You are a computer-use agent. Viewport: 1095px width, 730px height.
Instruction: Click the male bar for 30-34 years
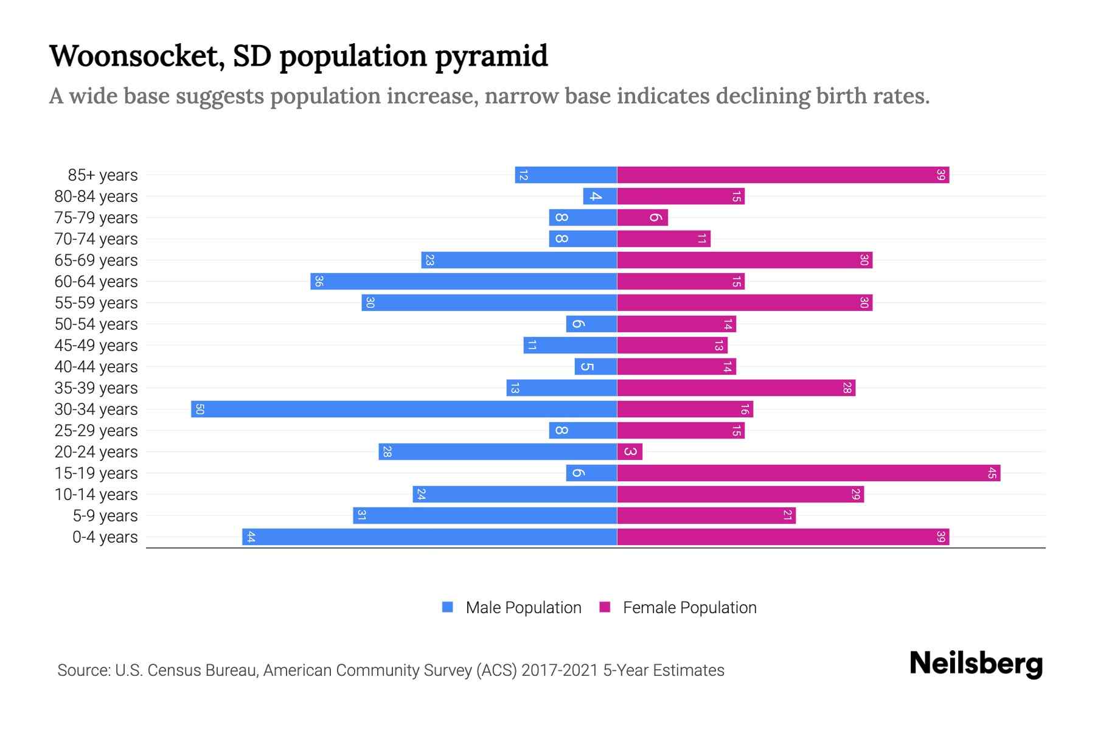pyautogui.click(x=404, y=409)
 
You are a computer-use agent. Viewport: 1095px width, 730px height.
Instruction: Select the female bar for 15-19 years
pyautogui.click(x=808, y=473)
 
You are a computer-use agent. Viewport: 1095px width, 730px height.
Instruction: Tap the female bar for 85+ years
pyautogui.click(x=783, y=175)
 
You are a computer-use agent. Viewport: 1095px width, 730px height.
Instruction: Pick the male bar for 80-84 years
pyautogui.click(x=600, y=196)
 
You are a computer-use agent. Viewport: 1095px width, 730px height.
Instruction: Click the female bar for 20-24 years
pyautogui.click(x=630, y=451)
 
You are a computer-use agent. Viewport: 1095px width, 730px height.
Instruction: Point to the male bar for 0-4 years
pyautogui.click(x=429, y=537)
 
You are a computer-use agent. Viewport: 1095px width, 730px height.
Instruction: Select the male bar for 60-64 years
pyautogui.click(x=464, y=281)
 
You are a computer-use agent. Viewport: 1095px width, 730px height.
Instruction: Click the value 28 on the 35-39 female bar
pyautogui.click(x=847, y=388)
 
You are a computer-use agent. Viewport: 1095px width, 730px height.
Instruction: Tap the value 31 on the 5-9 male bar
pyautogui.click(x=361, y=515)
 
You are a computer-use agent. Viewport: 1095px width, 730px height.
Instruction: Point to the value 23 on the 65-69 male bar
pyautogui.click(x=429, y=260)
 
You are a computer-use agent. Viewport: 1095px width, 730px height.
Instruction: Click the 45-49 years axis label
pyautogui.click(x=96, y=345)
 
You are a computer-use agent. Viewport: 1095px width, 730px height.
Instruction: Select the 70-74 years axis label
pyautogui.click(x=96, y=238)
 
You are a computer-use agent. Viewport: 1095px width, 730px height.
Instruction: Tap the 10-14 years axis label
pyautogui.click(x=96, y=494)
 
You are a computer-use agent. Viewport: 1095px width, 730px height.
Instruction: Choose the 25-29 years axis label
pyautogui.click(x=96, y=430)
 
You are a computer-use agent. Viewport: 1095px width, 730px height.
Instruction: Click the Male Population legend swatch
pyautogui.click(x=448, y=607)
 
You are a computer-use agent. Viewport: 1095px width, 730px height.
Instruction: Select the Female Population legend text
pyautogui.click(x=689, y=607)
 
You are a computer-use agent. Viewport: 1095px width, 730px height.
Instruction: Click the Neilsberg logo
pyautogui.click(x=976, y=664)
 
